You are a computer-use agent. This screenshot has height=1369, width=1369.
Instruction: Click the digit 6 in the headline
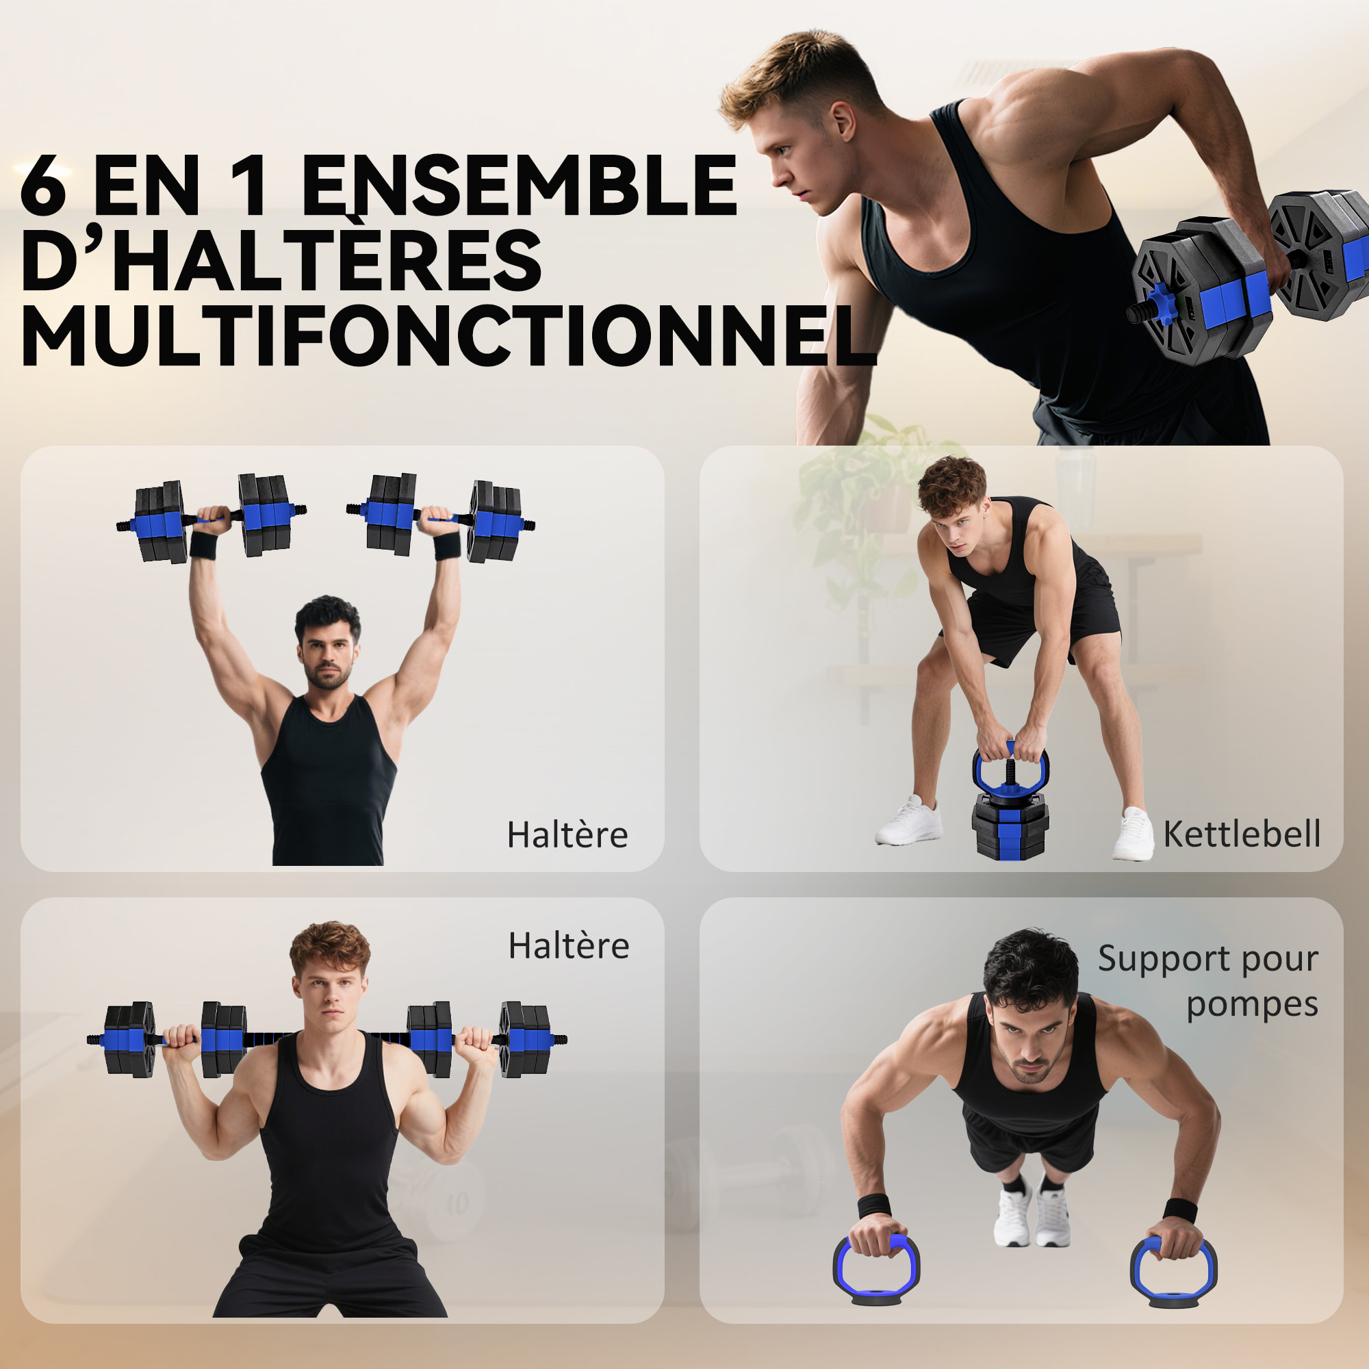coord(44,185)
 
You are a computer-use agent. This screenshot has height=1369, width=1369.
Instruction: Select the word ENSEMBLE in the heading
coord(521,185)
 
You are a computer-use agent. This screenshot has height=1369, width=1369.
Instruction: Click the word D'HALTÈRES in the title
coord(281,261)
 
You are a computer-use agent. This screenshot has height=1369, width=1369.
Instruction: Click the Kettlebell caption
coord(1242,834)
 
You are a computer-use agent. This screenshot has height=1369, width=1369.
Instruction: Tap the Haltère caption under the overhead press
coord(567,834)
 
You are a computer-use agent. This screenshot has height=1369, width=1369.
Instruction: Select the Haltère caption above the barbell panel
coord(568,946)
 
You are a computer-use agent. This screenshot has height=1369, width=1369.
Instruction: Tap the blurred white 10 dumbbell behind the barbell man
coord(439,1197)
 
